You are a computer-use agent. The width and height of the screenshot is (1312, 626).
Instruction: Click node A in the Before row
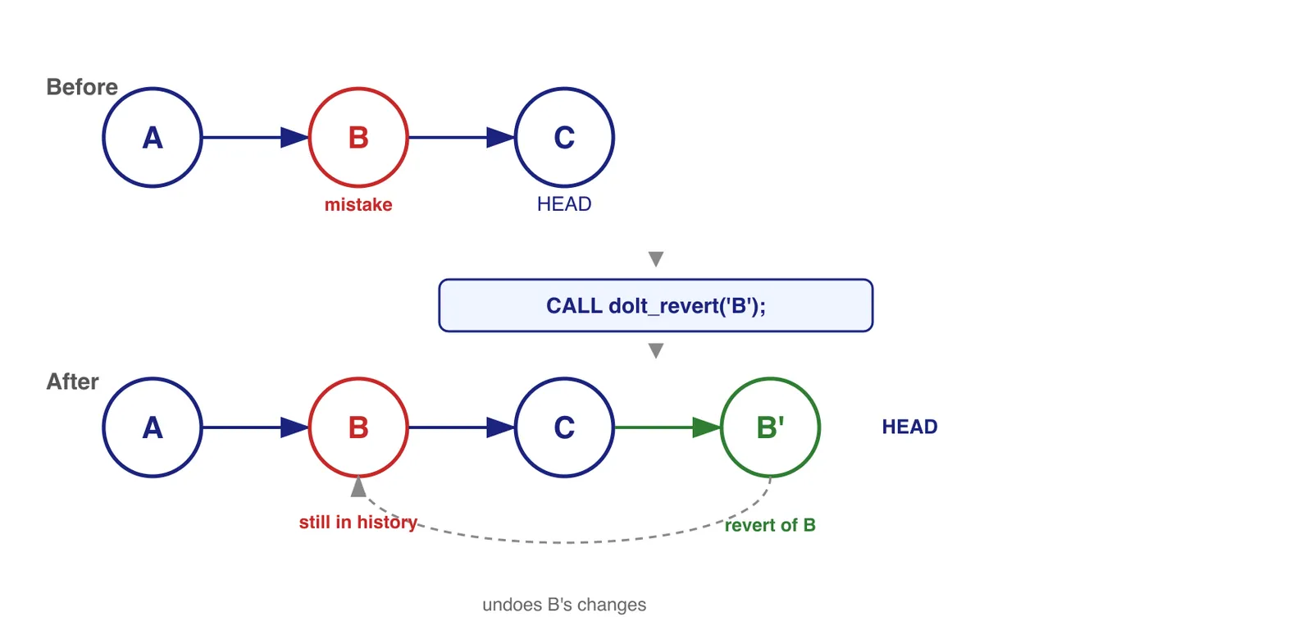pyautogui.click(x=153, y=138)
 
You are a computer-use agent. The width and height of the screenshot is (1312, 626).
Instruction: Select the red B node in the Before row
pyautogui.click(x=358, y=138)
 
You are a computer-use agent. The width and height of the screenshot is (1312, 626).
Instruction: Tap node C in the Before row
pyautogui.click(x=564, y=138)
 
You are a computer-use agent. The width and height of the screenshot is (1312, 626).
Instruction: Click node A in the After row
pyautogui.click(x=153, y=427)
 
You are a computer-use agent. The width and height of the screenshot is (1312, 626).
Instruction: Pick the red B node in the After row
pyautogui.click(x=358, y=427)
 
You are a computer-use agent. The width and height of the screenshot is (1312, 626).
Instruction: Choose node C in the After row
pyautogui.click(x=564, y=427)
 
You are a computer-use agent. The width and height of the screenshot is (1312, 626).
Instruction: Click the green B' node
pyautogui.click(x=770, y=427)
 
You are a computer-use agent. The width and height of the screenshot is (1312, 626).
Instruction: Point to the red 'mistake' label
pyautogui.click(x=358, y=204)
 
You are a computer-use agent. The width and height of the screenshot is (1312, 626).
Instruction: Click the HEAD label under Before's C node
pyautogui.click(x=564, y=204)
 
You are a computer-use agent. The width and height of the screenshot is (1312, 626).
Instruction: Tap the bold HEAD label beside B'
pyautogui.click(x=909, y=427)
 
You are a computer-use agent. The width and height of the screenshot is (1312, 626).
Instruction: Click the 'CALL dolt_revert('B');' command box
pyautogui.click(x=655, y=305)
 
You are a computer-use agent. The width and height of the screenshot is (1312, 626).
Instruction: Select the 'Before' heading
pyautogui.click(x=82, y=87)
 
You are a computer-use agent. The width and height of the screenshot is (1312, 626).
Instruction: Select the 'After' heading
pyautogui.click(x=72, y=382)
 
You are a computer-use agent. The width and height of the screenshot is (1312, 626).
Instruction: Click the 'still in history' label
pyautogui.click(x=358, y=523)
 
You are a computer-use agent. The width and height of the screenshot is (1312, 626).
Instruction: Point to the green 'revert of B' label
pyautogui.click(x=770, y=525)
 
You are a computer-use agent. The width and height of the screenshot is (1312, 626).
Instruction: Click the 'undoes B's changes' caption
pyautogui.click(x=564, y=605)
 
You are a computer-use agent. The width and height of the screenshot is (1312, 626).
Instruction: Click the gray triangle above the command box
pyautogui.click(x=655, y=258)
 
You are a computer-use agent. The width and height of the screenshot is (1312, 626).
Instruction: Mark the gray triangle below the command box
pyautogui.click(x=655, y=350)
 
